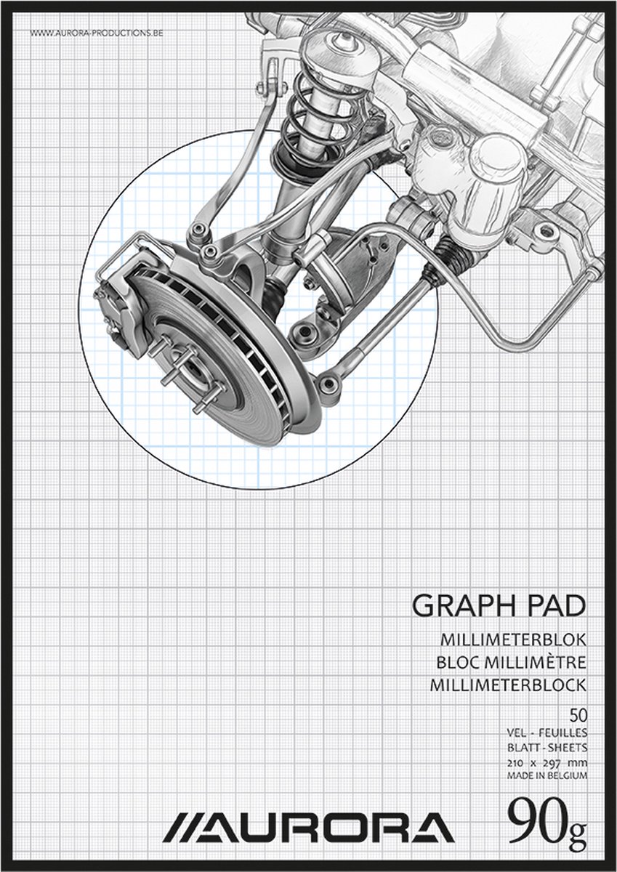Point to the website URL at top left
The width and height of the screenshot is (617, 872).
pyautogui.click(x=89, y=33)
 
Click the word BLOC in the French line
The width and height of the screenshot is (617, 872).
pyautogui.click(x=454, y=662)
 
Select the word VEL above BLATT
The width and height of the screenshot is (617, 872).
pyautogui.click(x=520, y=732)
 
